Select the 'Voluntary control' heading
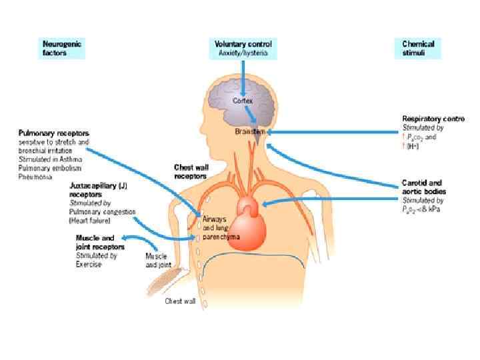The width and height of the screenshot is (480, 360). pos(243,44)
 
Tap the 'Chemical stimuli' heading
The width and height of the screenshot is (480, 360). pos(418,49)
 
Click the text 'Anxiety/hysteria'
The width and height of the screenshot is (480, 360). pos(243,52)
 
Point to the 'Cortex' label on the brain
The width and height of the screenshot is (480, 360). pos(243,101)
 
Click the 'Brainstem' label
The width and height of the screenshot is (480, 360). pos(250,132)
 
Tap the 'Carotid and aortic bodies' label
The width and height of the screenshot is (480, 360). pos(424,187)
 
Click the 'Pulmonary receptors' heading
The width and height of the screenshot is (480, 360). pos(53,133)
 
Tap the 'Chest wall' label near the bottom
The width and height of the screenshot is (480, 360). pos(180,301)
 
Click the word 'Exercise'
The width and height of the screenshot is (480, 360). pos(89,264)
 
